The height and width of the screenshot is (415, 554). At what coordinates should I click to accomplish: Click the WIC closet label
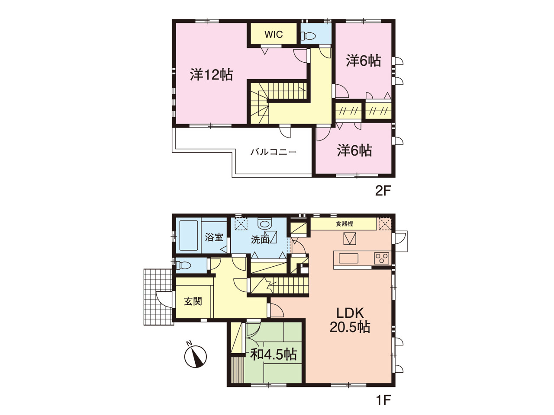pos(274,35)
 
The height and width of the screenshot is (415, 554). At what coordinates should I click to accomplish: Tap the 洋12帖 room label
pos(212,75)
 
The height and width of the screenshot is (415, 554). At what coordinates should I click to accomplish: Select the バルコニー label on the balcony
pos(274,152)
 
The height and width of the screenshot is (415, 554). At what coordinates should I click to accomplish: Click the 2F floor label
pos(383,192)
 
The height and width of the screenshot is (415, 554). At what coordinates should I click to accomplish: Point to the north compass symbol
pos(196,356)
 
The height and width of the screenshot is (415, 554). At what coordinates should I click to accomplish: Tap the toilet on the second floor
pos(308,36)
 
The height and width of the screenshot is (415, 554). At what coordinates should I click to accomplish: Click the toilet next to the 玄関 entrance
pos(183,265)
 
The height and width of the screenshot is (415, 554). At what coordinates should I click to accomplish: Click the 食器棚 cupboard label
pos(345,223)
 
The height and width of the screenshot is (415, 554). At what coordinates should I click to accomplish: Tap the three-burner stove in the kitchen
pos(382,258)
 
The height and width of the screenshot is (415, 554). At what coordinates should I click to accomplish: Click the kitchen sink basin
pos(348,259)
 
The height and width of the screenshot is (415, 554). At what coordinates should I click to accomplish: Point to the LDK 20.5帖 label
pos(350,320)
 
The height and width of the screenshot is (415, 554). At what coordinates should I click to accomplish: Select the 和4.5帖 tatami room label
pos(274,354)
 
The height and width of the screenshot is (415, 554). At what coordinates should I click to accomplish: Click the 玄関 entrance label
pos(193,301)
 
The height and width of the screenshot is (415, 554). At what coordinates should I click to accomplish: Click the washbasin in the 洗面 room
pos(265,223)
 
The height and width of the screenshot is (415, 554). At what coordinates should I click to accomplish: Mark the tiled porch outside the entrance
pos(158,297)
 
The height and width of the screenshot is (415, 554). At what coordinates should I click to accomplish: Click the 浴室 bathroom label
pos(214,237)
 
